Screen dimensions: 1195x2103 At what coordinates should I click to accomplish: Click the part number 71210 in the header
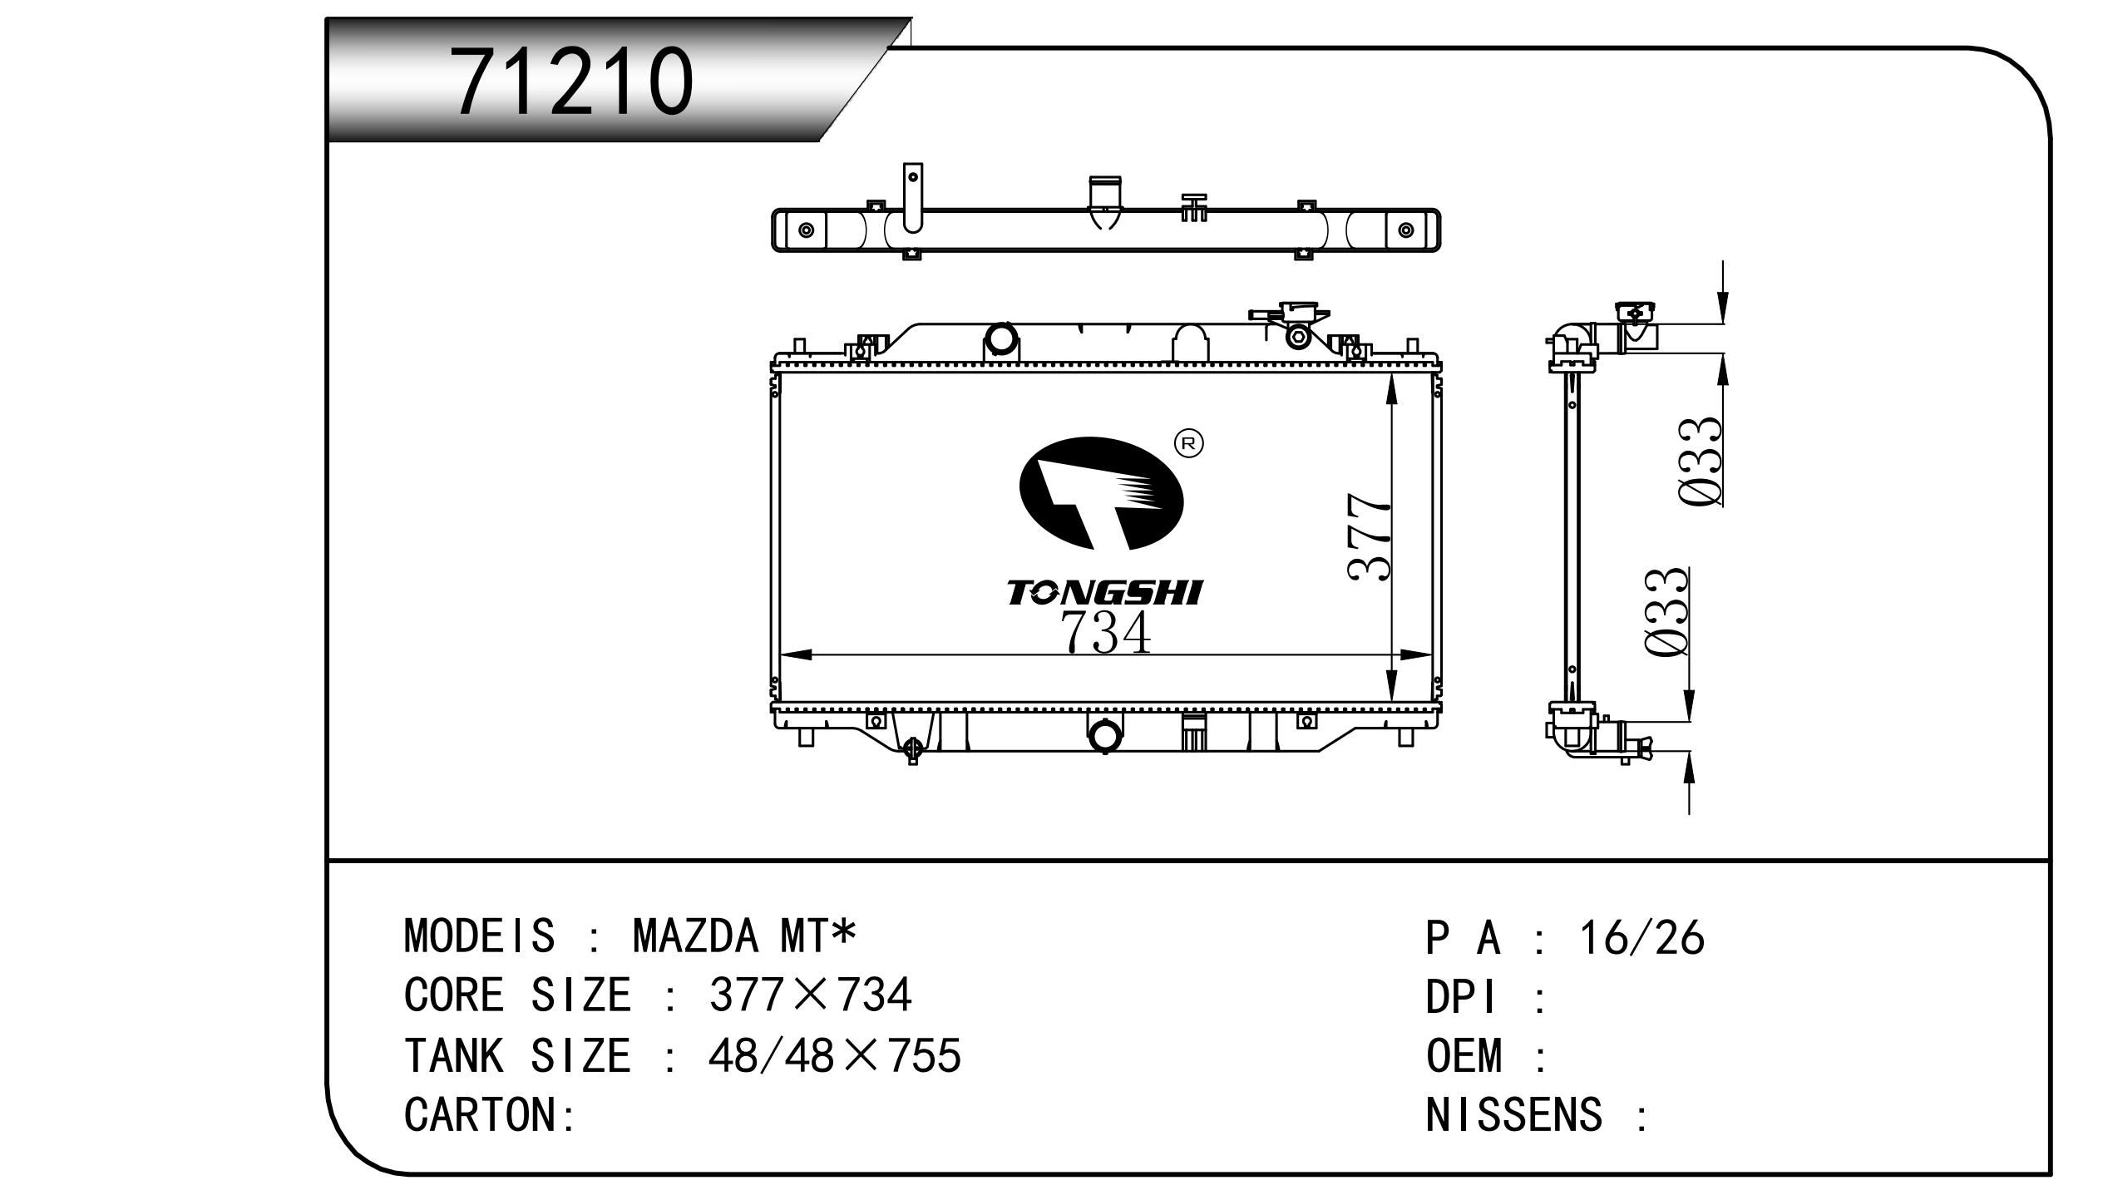(572, 81)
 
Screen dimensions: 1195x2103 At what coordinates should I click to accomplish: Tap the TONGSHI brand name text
(1104, 593)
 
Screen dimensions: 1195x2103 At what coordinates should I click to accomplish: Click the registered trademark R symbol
(1188, 443)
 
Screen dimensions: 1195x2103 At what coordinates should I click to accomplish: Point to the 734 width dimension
(1106, 633)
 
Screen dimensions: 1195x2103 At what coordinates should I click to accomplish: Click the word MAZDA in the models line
(696, 936)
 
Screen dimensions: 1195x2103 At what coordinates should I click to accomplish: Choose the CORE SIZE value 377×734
(810, 995)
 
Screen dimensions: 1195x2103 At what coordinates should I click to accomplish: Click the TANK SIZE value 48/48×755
(834, 1055)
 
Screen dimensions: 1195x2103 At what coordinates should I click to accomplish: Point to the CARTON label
(490, 1114)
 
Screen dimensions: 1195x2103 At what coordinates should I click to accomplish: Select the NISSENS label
(1513, 1114)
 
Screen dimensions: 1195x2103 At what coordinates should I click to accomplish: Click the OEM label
(1464, 1055)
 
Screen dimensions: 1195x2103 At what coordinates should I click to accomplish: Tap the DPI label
(1461, 996)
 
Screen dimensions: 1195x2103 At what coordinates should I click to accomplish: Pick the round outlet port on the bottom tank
(1104, 736)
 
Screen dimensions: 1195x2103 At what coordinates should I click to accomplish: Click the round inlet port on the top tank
(1000, 338)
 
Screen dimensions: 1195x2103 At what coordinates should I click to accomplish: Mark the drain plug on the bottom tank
(912, 748)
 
